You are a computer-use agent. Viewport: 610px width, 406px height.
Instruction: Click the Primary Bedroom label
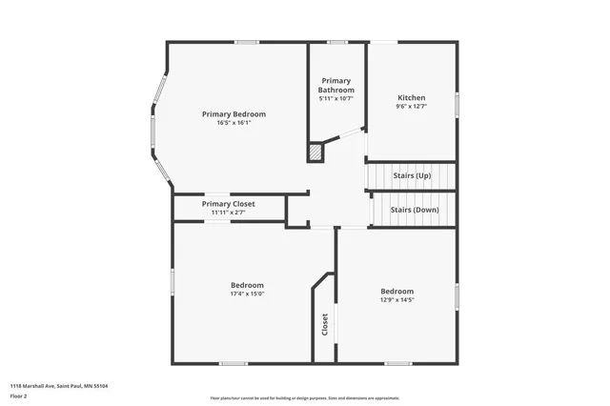(234, 113)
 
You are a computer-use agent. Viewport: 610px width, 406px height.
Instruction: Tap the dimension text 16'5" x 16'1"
(234, 122)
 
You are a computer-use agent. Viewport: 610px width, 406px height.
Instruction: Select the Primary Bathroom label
(336, 86)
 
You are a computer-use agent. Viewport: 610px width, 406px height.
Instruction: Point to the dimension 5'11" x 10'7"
(336, 98)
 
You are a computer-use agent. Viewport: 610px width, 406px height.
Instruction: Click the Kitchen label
(411, 97)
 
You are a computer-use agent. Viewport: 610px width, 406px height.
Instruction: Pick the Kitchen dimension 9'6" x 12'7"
(411, 106)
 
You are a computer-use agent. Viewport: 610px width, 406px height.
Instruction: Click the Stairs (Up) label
(412, 176)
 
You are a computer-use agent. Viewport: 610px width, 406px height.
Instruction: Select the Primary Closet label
(228, 204)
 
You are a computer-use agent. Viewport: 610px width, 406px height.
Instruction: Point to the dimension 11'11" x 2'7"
(228, 213)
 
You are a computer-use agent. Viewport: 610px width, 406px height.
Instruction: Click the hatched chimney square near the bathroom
(315, 152)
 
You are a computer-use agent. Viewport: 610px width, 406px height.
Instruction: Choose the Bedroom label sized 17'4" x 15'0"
(247, 285)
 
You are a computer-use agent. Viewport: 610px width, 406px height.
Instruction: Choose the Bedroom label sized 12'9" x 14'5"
(397, 291)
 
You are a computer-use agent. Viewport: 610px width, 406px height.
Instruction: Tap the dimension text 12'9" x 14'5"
(397, 299)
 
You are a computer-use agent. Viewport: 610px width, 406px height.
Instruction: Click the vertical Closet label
(325, 324)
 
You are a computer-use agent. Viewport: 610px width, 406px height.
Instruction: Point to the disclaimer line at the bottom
(304, 398)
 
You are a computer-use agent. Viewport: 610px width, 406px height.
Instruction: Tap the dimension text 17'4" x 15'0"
(247, 294)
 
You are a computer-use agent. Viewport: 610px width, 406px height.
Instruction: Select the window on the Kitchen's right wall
(457, 101)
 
